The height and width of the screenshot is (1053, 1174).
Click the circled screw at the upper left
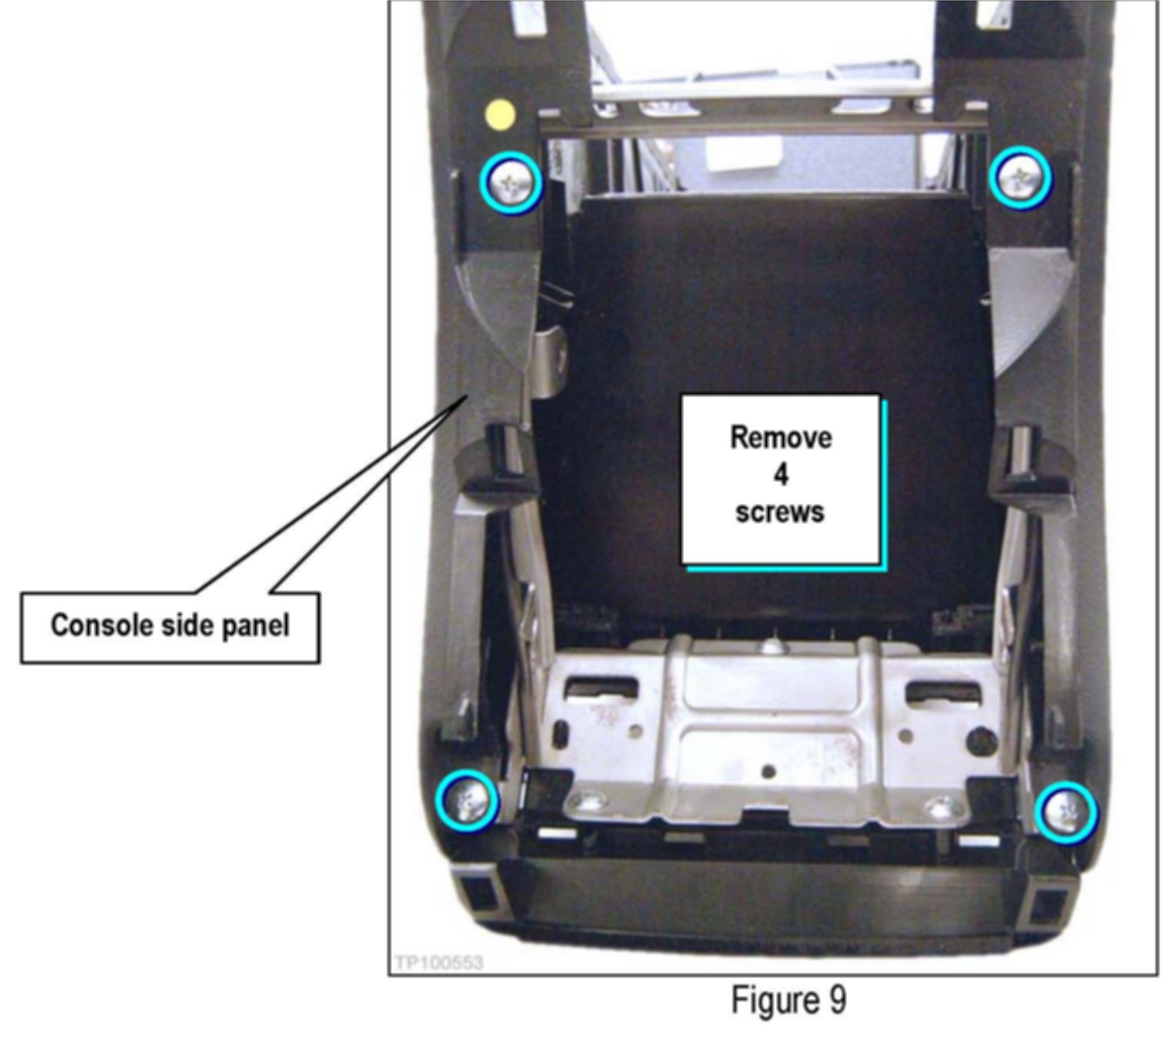click(x=510, y=182)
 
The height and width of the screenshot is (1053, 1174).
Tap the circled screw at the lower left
click(x=466, y=800)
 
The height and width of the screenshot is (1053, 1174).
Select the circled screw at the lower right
click(x=1066, y=812)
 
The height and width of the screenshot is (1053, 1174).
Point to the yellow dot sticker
click(x=500, y=114)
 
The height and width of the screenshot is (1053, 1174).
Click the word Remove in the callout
click(x=781, y=438)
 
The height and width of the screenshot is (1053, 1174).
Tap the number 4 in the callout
click(x=781, y=474)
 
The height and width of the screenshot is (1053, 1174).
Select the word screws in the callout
click(x=780, y=512)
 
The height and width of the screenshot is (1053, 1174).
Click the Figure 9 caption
click(x=788, y=1000)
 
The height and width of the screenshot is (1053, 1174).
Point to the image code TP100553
click(x=438, y=962)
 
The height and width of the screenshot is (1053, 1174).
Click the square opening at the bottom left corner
click(x=482, y=895)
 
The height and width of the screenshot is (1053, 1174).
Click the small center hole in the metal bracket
click(x=767, y=771)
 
